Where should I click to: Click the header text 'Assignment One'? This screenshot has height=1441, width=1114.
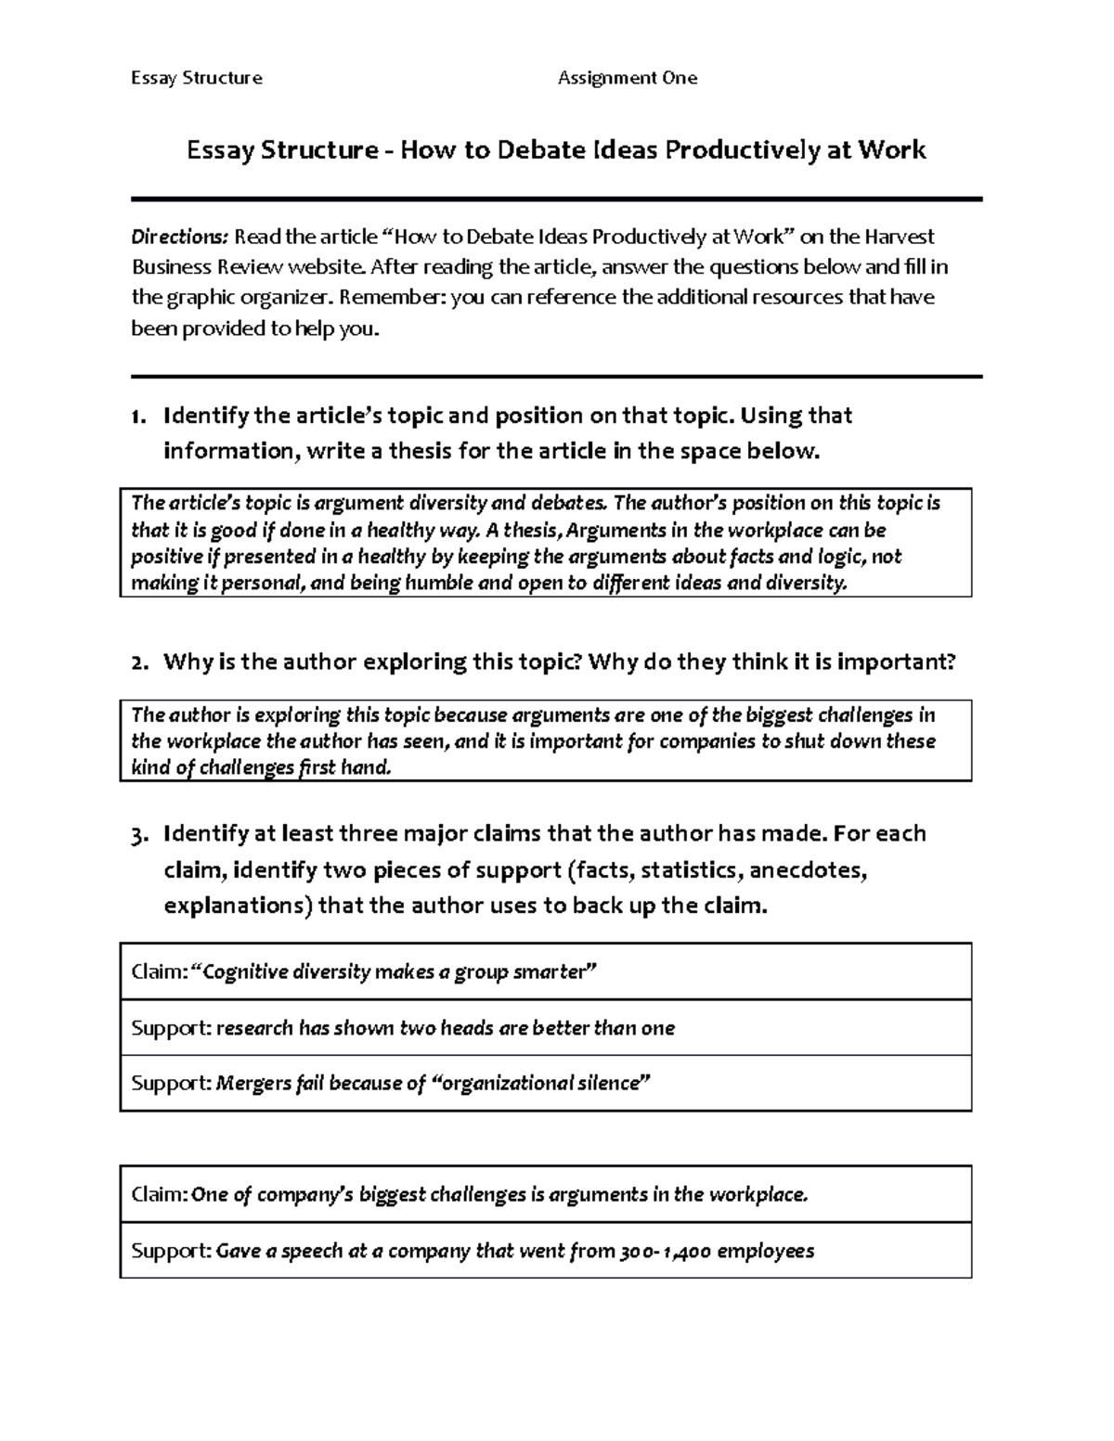[x=627, y=78]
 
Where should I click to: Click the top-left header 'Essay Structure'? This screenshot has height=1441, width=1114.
[x=196, y=78]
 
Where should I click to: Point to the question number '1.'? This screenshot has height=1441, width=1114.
[x=139, y=416]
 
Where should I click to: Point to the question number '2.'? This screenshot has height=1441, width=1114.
[x=139, y=663]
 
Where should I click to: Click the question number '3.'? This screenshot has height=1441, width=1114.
[x=139, y=834]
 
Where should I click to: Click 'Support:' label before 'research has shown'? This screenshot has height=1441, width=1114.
[x=171, y=1028]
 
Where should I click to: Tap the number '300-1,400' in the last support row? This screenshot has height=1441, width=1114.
[x=666, y=1251]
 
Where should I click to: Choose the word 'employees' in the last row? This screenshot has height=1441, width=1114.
[x=766, y=1251]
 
